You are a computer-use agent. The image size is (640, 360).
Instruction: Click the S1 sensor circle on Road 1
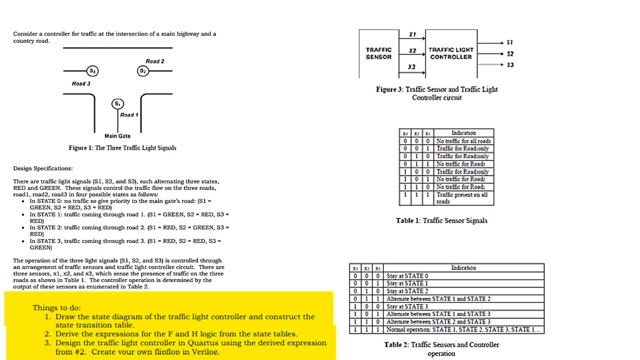pyautogui.click(x=117, y=104)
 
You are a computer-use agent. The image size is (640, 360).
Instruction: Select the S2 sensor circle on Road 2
pyautogui.click(x=143, y=71)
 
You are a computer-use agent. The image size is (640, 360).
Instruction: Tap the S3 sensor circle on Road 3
pyautogui.click(x=92, y=71)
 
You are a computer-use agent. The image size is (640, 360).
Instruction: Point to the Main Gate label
pyautogui.click(x=117, y=136)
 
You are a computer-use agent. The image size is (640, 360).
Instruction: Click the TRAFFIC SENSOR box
pyautogui.click(x=378, y=53)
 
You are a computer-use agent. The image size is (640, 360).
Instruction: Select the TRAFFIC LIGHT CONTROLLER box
pyautogui.click(x=450, y=53)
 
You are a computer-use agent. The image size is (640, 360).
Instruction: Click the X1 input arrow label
pyautogui.click(x=412, y=34)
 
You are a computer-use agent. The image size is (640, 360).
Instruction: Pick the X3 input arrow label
pyautogui.click(x=411, y=67)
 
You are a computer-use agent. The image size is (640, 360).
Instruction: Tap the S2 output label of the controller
pyautogui.click(x=510, y=54)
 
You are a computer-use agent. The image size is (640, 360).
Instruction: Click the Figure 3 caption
pyautogui.click(x=436, y=93)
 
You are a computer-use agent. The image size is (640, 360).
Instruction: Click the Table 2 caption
pyautogui.click(x=441, y=349)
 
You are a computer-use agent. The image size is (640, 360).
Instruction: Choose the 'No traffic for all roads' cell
pyautogui.click(x=463, y=141)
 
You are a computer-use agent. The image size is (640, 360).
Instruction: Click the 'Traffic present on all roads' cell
pyautogui.click(x=463, y=198)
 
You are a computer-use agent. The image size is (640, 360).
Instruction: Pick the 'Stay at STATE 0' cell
pyautogui.click(x=407, y=275)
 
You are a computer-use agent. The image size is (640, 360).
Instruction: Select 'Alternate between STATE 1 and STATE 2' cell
pyautogui.click(x=438, y=298)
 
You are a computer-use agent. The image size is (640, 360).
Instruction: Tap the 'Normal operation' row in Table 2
pyautogui.click(x=463, y=330)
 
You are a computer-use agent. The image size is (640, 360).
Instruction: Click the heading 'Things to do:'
pyautogui.click(x=56, y=307)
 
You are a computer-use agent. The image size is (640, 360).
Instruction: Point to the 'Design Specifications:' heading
pyautogui.click(x=43, y=168)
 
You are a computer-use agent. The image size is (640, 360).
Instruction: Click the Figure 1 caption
pyautogui.click(x=122, y=148)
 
